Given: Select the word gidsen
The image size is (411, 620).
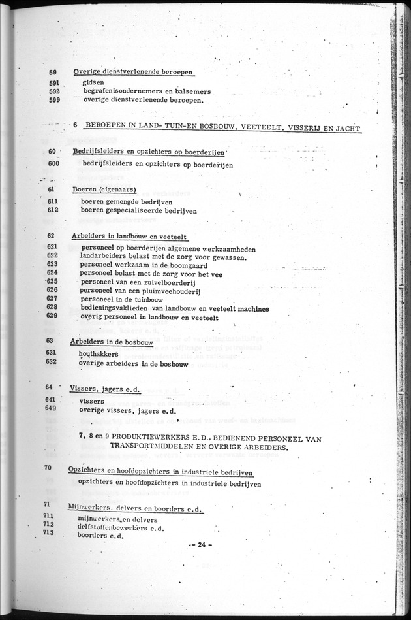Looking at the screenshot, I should point(93,83).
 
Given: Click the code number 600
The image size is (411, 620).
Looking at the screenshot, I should point(53,163).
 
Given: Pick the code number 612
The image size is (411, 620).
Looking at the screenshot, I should point(53,210).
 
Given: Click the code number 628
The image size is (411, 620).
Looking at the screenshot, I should point(53,307).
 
